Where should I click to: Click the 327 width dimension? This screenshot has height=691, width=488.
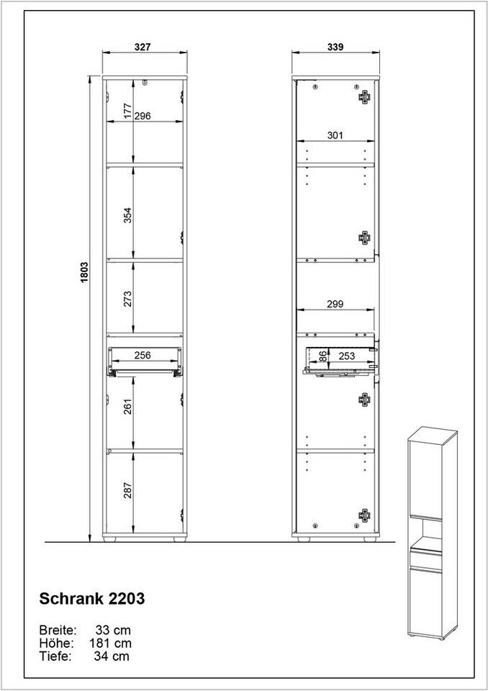click(143, 47)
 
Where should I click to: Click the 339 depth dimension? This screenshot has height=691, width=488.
click(335, 47)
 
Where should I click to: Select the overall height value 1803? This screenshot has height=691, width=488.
click(84, 272)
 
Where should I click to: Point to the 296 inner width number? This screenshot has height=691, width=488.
click(143, 116)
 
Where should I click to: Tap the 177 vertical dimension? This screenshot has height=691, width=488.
click(127, 111)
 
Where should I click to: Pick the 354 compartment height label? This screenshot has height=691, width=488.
click(127, 215)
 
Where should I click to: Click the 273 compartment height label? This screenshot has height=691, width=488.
click(127, 299)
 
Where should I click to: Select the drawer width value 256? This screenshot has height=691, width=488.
click(143, 355)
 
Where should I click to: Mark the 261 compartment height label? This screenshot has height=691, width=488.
click(127, 407)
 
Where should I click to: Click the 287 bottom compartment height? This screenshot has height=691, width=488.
click(127, 490)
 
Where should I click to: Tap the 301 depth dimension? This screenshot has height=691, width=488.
click(335, 135)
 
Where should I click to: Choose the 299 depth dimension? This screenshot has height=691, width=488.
click(335, 304)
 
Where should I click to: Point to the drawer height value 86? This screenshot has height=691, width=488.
click(323, 356)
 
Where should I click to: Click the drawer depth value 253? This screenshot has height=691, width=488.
click(346, 356)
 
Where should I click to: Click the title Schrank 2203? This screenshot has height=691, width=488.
click(92, 598)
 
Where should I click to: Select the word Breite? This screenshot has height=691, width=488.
click(58, 630)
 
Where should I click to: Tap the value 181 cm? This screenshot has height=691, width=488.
click(111, 643)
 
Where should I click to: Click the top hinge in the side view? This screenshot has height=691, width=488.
click(365, 96)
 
